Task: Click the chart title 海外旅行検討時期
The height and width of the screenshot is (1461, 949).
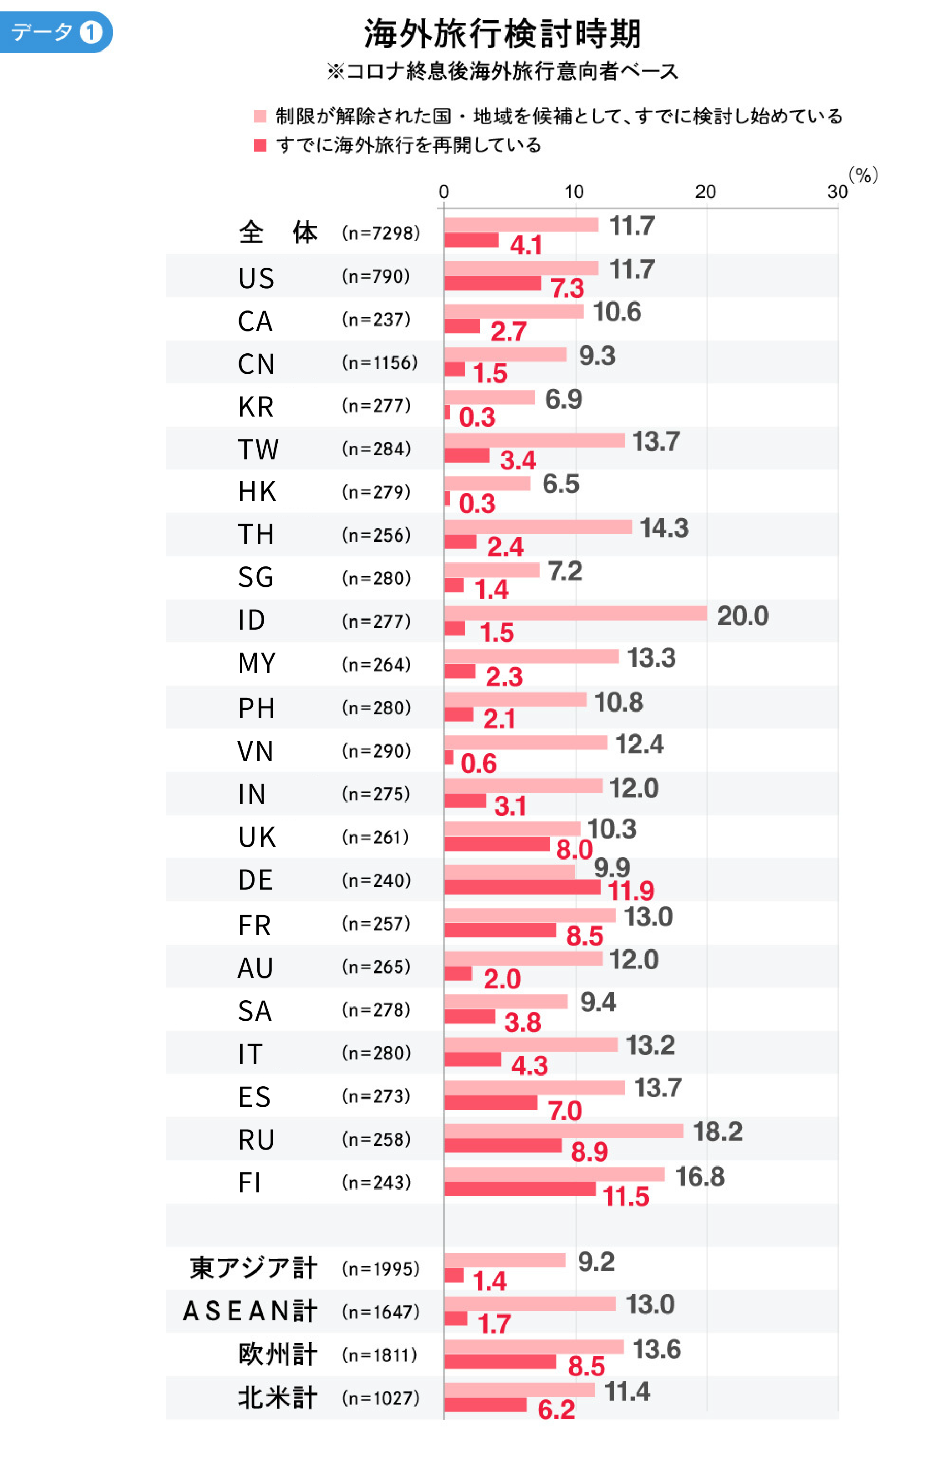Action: point(502,33)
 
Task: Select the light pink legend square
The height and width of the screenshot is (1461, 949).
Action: point(260,116)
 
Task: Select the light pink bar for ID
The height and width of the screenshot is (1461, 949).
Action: point(575,613)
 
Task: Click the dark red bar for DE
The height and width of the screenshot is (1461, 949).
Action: point(522,887)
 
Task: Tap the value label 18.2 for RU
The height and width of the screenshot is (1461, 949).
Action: point(717,1131)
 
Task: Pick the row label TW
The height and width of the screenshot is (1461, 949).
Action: point(258,449)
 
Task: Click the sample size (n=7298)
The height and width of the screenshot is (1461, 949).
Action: point(381,233)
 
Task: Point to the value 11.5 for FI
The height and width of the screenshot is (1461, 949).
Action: point(626,1196)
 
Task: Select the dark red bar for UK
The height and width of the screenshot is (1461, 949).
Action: point(497,844)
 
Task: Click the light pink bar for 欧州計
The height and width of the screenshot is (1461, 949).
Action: point(533,1347)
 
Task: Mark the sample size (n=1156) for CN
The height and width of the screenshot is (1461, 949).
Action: point(379,363)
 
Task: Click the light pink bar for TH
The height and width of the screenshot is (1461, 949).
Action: point(538,527)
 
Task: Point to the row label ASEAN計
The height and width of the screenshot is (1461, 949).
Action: point(250,1311)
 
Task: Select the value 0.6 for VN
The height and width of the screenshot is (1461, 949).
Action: point(479,764)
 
